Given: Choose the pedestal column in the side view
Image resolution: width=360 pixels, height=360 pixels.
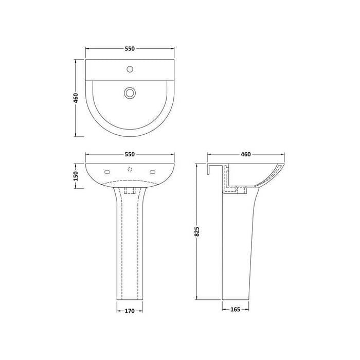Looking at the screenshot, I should tap(238, 247).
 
